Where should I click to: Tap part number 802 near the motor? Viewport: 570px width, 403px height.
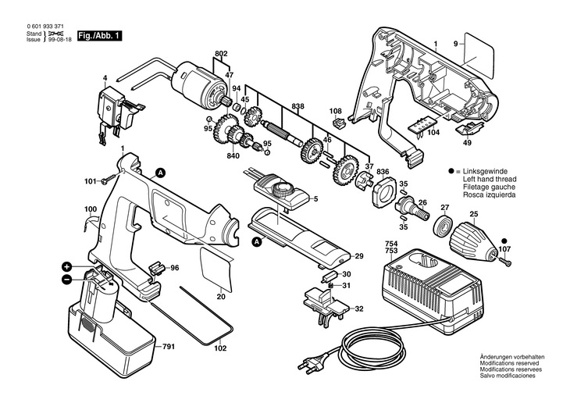(221, 53)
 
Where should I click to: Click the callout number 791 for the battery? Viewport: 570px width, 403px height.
(169, 346)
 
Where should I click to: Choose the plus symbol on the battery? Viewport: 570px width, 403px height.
(68, 266)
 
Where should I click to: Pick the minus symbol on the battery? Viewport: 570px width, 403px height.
(67, 278)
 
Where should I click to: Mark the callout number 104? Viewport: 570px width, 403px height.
(433, 134)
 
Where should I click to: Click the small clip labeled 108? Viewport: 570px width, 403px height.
(337, 123)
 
